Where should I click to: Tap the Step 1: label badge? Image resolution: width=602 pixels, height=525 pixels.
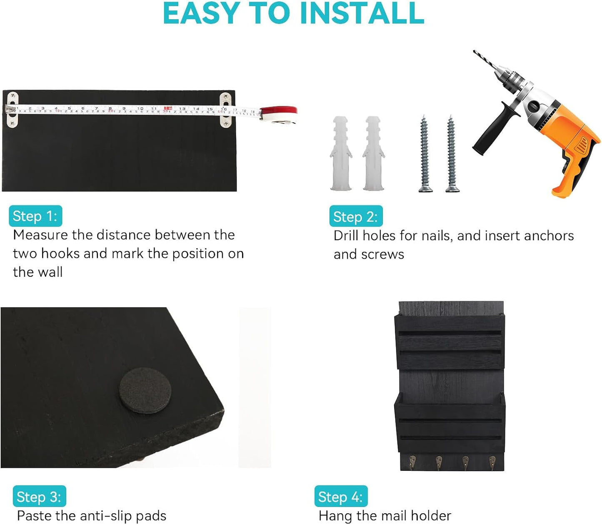click(35, 216)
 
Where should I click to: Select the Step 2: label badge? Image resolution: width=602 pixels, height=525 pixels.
click(356, 216)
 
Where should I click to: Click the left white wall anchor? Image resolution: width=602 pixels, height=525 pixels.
click(341, 153)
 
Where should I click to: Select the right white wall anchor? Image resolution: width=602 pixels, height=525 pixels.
click(374, 153)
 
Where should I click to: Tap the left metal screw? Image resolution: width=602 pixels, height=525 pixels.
click(425, 154)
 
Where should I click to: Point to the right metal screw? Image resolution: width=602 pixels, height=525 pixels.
click(452, 154)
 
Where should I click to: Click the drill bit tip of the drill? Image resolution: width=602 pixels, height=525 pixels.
click(474, 51)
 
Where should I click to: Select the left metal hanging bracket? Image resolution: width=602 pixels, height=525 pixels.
click(12, 110)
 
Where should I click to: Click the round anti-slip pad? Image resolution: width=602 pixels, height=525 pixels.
click(145, 390)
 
